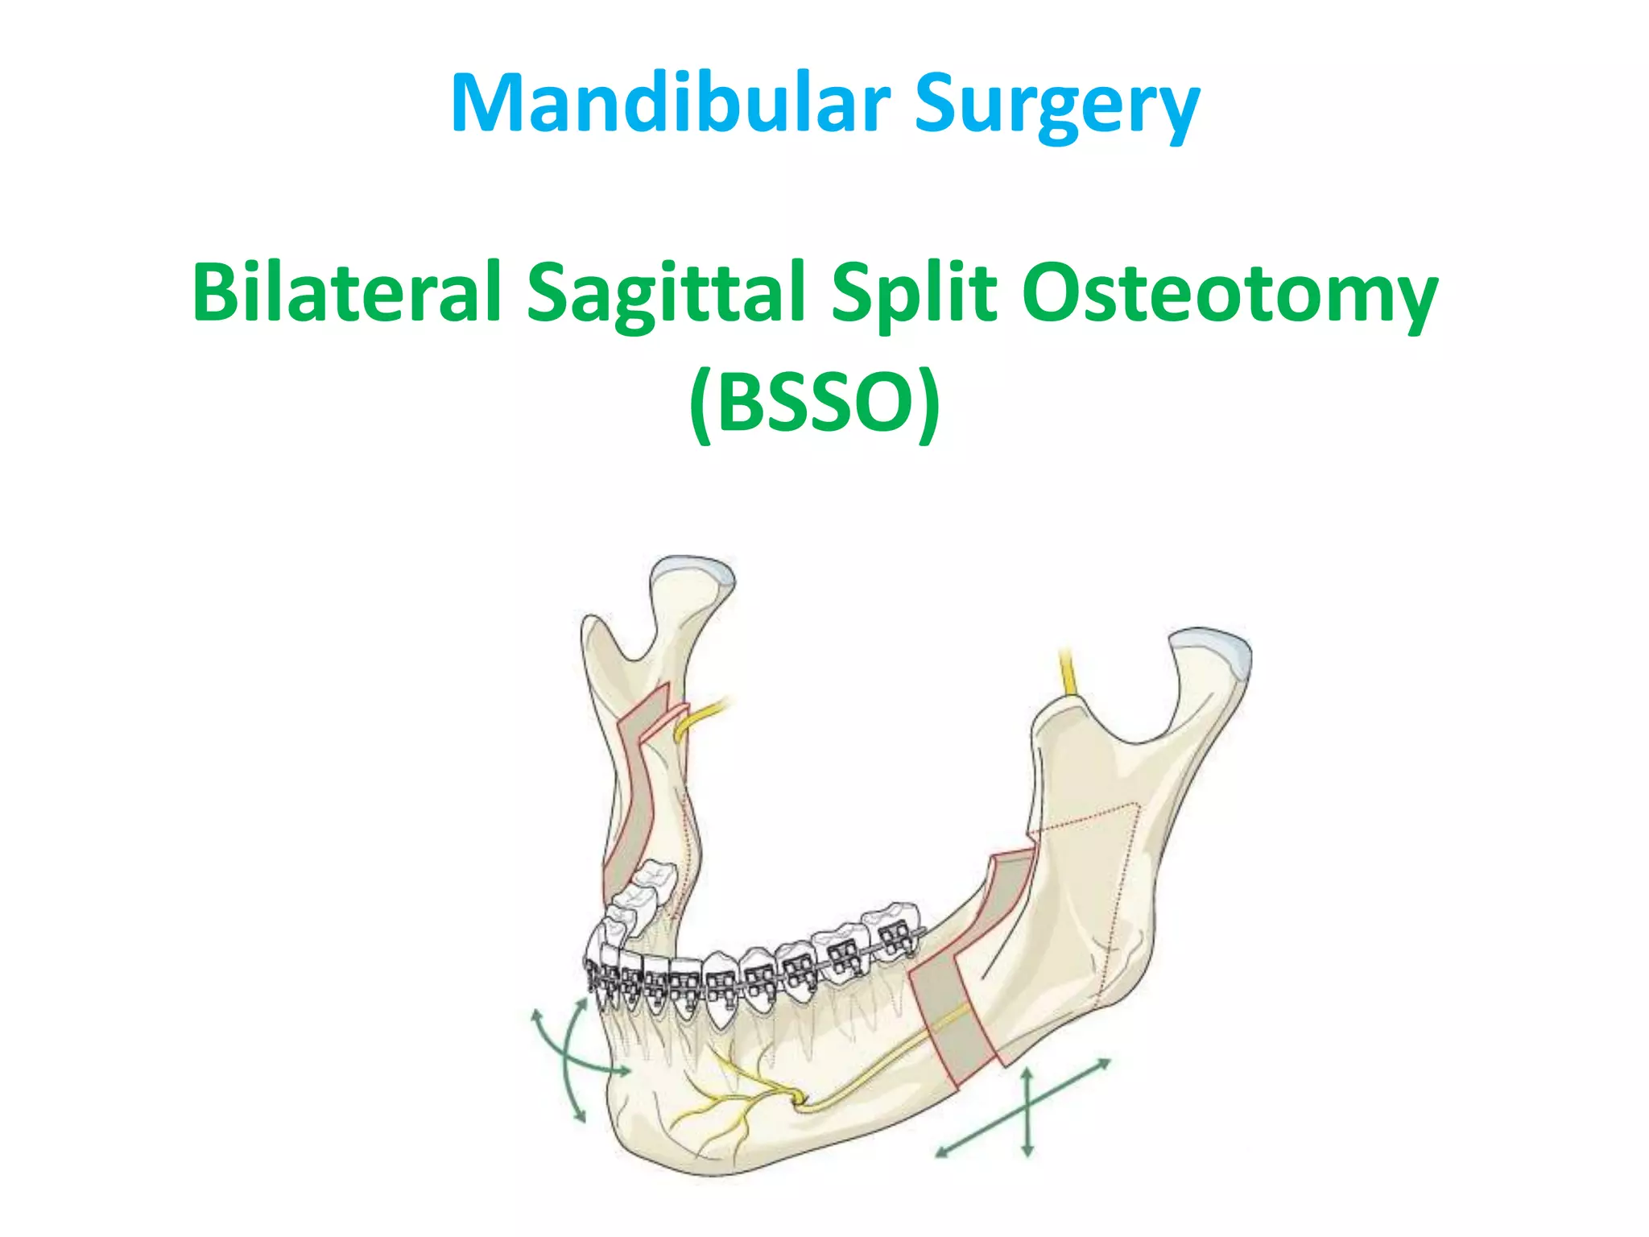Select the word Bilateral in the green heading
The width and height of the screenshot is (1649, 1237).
346,292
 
